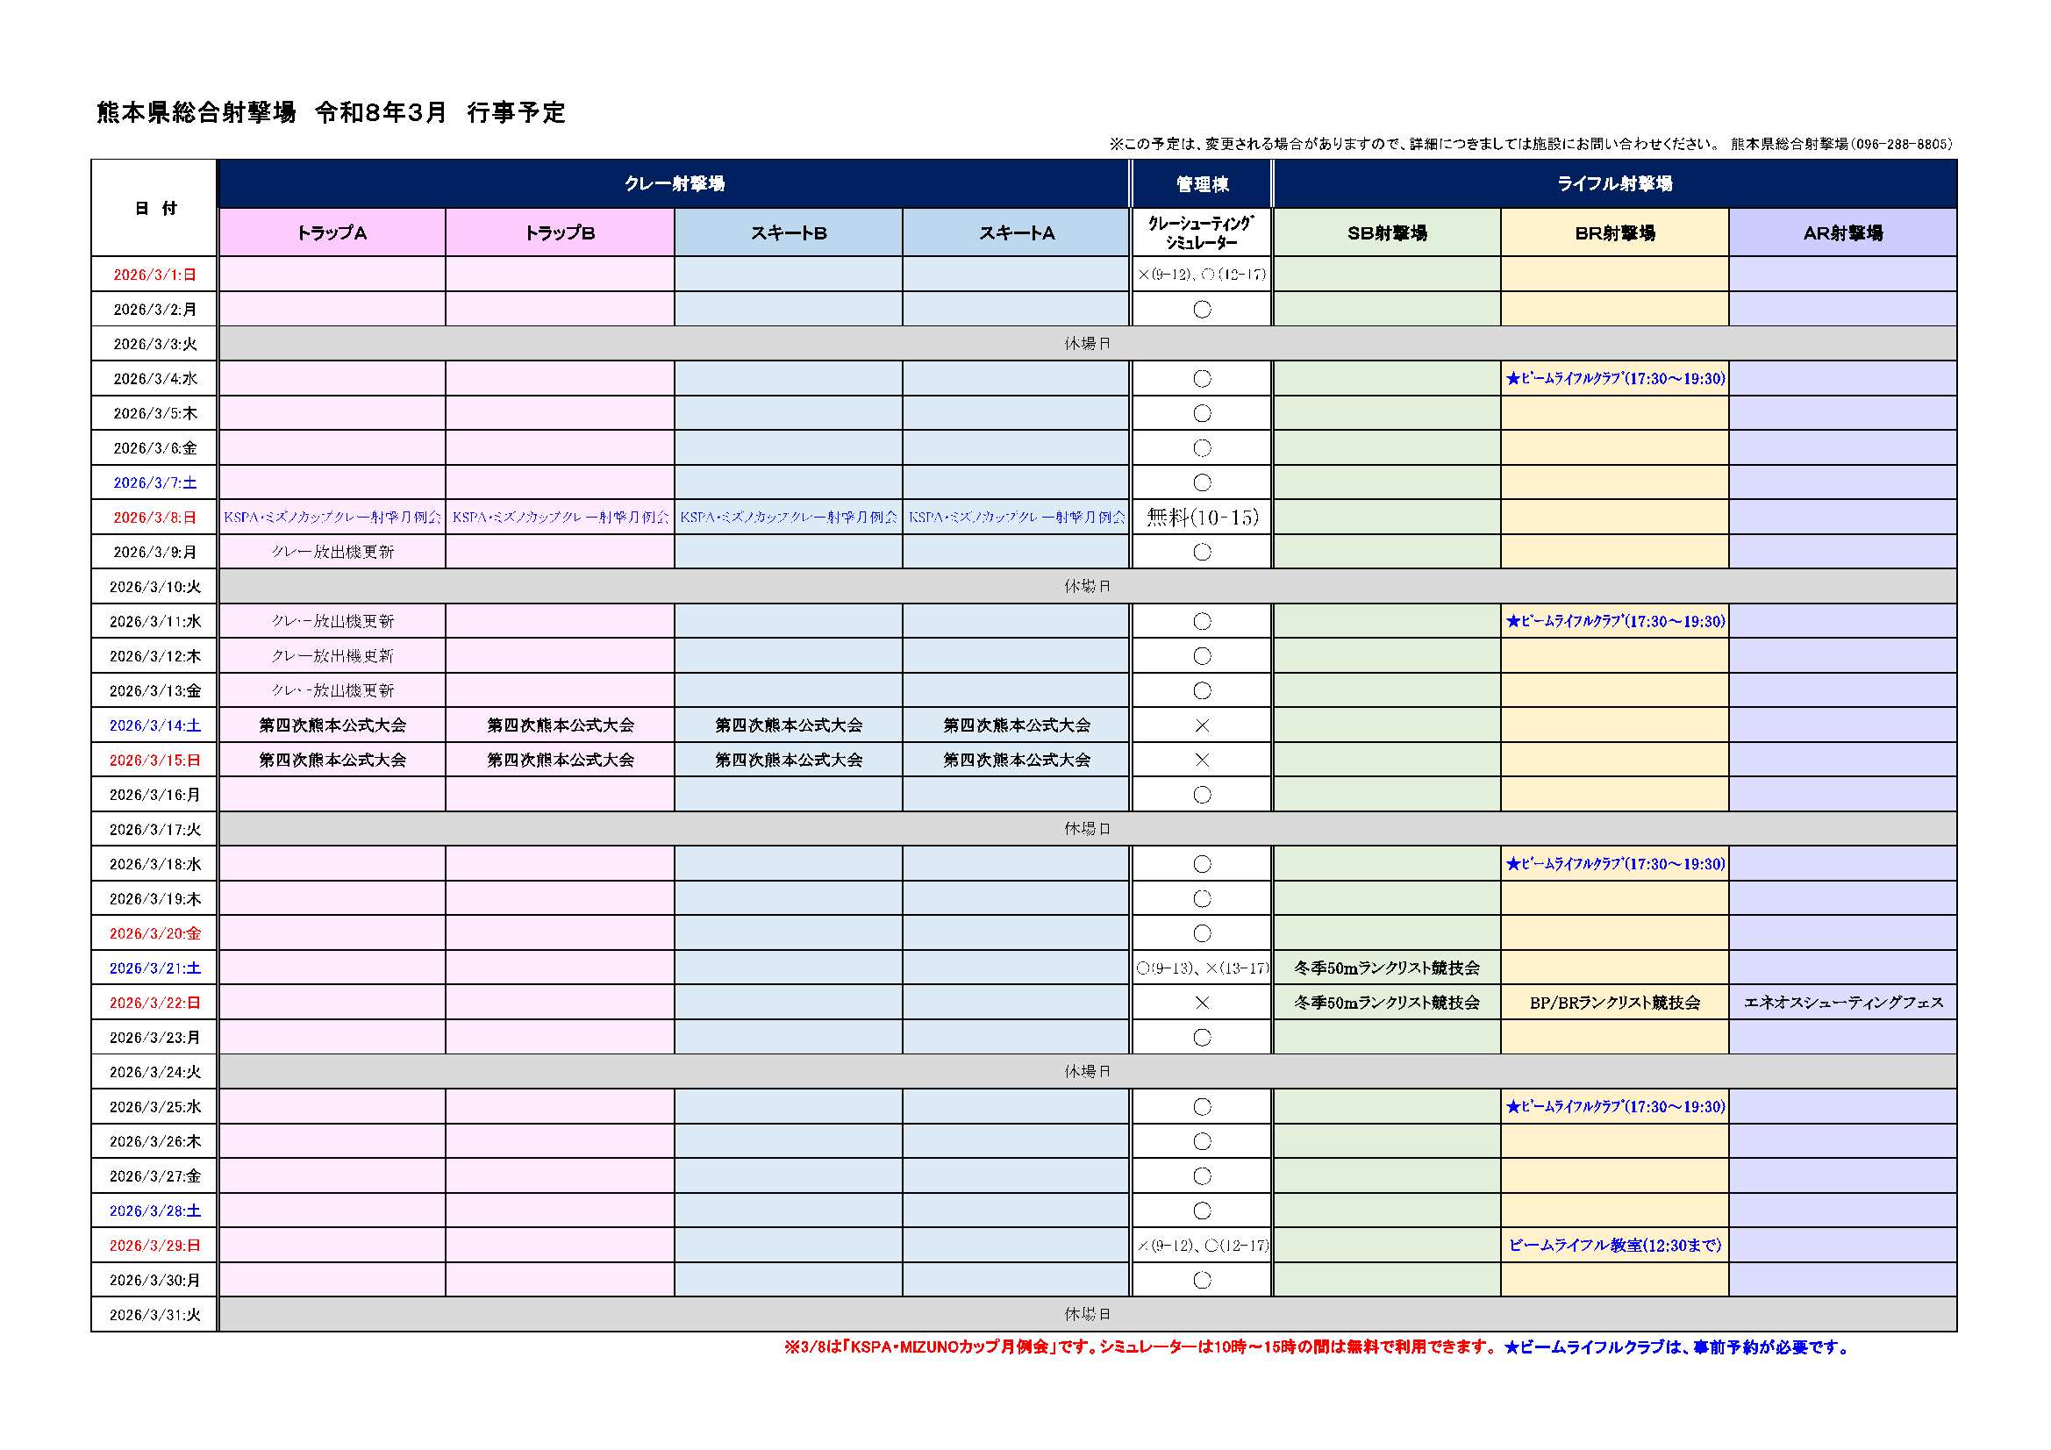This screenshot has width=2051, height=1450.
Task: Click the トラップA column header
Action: click(x=332, y=233)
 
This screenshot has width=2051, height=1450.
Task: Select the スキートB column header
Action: click(x=788, y=233)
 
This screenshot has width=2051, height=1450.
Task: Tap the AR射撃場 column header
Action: click(x=1842, y=233)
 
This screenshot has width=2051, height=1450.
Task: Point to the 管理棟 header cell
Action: click(x=1202, y=184)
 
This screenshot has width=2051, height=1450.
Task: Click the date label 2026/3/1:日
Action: click(x=154, y=275)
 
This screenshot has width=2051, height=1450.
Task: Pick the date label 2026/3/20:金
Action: click(x=154, y=933)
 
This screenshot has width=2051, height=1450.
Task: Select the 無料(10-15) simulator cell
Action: click(x=1203, y=518)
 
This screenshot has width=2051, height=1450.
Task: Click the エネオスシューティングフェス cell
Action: click(x=1843, y=1003)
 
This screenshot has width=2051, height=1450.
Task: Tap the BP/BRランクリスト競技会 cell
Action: click(x=1614, y=1003)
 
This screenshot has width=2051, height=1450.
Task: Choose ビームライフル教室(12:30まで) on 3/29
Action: click(x=1614, y=1246)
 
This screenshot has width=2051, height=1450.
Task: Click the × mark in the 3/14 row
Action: click(x=1203, y=725)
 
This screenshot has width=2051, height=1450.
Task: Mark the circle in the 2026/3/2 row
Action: click(x=1203, y=309)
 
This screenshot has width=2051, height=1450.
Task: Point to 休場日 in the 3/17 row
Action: click(x=1087, y=829)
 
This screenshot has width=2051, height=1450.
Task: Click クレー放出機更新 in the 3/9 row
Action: click(x=332, y=552)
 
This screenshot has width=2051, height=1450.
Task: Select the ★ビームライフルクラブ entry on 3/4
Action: click(x=1615, y=379)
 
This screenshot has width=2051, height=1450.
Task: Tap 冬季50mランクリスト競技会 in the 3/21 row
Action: click(x=1386, y=968)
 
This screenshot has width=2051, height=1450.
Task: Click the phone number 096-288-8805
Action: click(x=1904, y=144)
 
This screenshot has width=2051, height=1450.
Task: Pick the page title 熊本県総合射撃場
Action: click(x=196, y=112)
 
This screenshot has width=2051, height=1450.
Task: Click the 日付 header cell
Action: click(x=154, y=208)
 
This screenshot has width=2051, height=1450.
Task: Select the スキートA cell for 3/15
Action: click(x=1017, y=761)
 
